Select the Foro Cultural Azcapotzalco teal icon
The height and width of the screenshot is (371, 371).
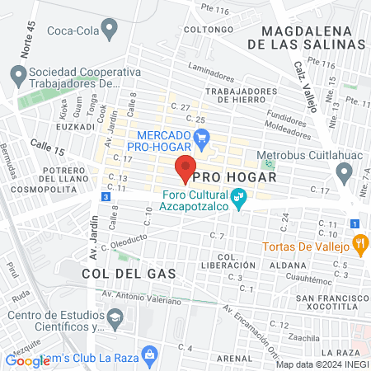(x=237, y=199)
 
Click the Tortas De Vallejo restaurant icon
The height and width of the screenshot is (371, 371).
(x=359, y=243)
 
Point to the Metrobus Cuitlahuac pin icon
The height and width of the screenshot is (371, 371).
(x=344, y=172)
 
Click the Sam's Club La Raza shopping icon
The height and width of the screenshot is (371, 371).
(x=149, y=355)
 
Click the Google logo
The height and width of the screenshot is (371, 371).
(x=28, y=360)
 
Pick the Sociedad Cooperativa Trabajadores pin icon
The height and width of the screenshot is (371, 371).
(x=17, y=77)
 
